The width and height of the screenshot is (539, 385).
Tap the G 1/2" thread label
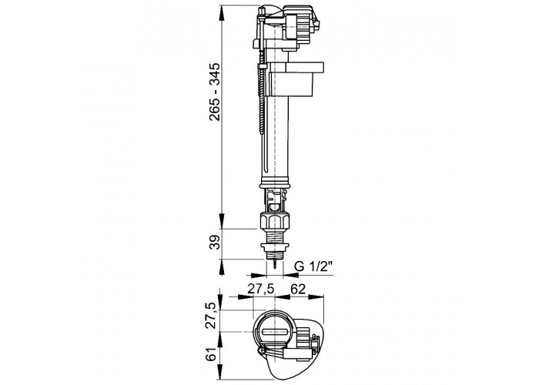313,266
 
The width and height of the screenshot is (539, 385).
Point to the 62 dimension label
298,289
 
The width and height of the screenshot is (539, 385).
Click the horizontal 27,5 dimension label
261,289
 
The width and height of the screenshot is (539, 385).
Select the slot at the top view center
274,332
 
